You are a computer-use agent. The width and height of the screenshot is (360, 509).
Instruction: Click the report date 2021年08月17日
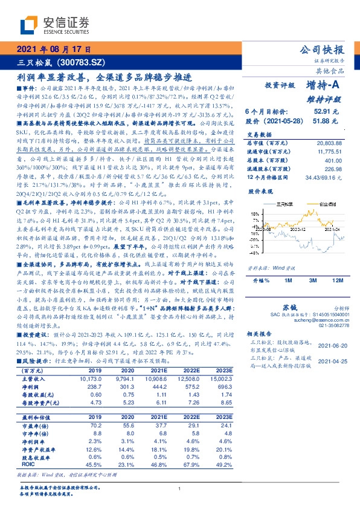pyautogui.click(x=53, y=50)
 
